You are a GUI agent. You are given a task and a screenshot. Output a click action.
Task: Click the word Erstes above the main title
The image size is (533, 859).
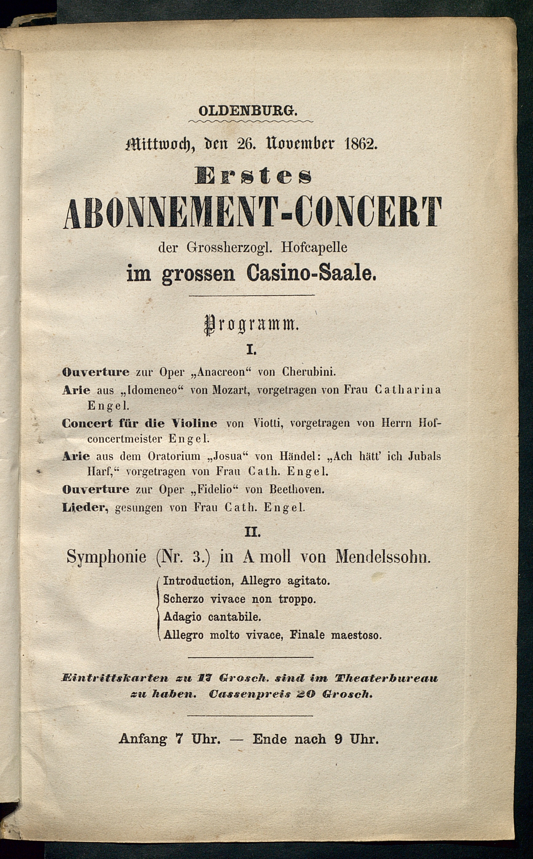click(x=253, y=177)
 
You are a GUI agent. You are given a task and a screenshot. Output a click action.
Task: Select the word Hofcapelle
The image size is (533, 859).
click(x=314, y=247)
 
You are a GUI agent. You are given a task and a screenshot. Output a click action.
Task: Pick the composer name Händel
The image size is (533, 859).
click(x=297, y=456)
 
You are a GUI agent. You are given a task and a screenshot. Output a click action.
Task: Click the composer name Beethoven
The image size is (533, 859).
click(x=296, y=489)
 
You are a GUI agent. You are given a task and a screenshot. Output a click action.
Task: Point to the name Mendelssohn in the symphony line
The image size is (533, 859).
click(x=383, y=557)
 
